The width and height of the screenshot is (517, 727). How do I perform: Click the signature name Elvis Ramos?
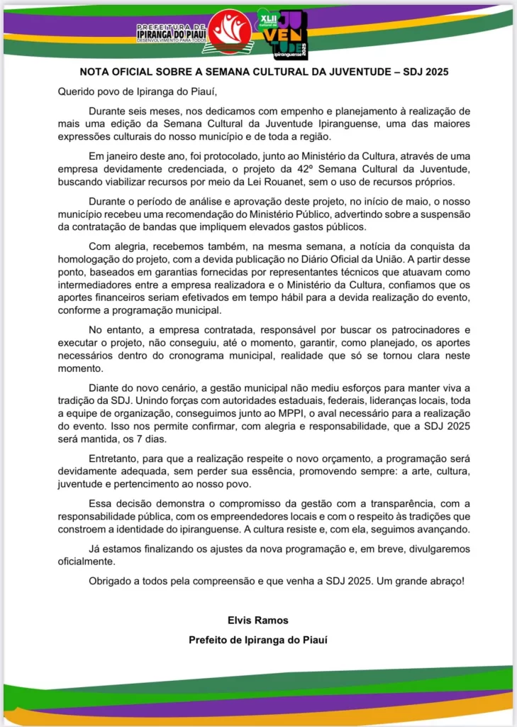pos(258,620)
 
